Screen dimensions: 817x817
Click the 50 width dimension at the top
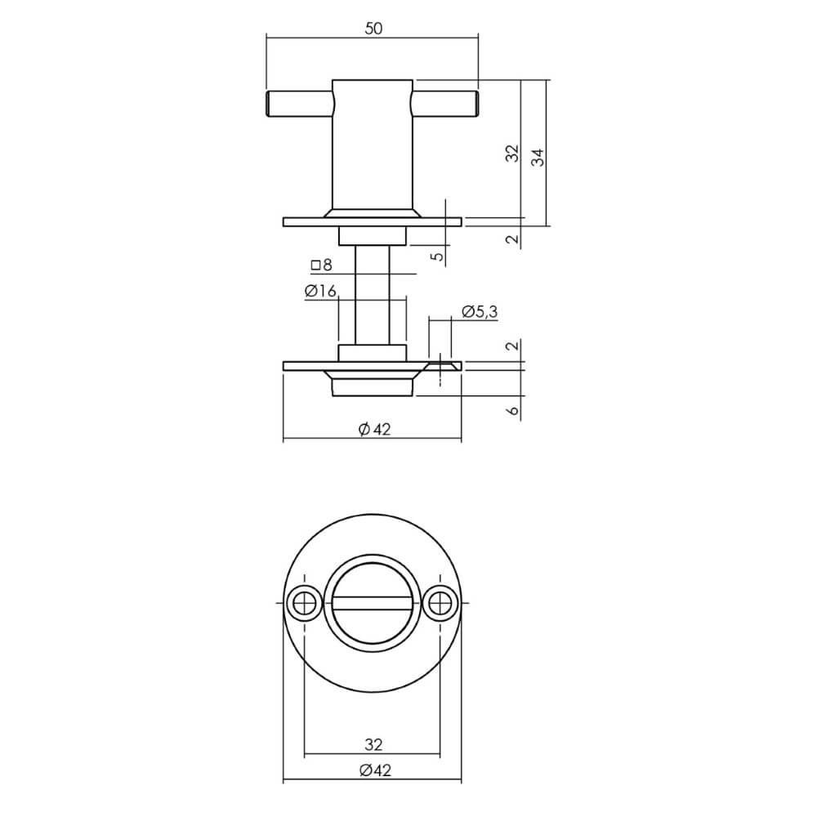tap(373, 28)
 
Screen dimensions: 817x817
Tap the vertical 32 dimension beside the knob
tap(512, 153)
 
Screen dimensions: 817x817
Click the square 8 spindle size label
tap(321, 265)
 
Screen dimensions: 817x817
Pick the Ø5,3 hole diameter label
tap(479, 311)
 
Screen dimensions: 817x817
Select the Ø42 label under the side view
tap(373, 430)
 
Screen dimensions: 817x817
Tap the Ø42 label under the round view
tap(373, 770)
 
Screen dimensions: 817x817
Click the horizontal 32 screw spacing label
tap(373, 744)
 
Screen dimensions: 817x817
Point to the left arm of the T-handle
tap(299, 104)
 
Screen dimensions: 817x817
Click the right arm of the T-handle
tap(444, 104)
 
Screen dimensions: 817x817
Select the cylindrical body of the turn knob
tap(372, 147)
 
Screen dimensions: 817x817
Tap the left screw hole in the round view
tap(305, 604)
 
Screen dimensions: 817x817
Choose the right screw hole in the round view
tap(440, 604)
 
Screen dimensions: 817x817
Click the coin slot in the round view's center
tap(373, 604)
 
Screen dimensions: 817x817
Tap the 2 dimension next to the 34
tap(512, 239)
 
